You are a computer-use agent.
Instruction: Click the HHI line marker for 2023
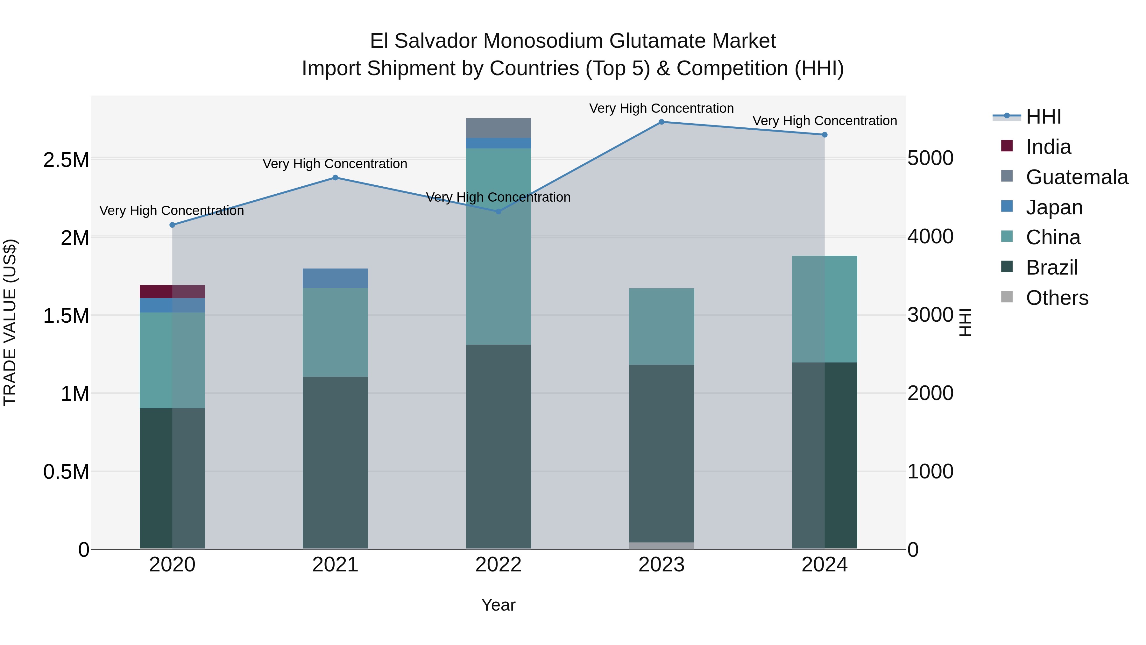click(661, 122)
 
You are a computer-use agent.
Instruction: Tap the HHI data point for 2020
click(172, 225)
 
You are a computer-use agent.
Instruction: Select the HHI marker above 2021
click(336, 178)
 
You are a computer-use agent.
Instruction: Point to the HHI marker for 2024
click(824, 134)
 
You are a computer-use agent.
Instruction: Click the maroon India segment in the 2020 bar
click(172, 291)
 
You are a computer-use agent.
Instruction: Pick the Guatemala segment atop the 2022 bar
click(498, 128)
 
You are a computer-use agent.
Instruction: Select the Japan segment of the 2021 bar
click(336, 278)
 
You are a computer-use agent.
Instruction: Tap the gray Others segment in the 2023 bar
click(661, 545)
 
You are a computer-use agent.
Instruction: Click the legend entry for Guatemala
click(1077, 177)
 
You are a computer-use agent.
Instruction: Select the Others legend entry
click(1057, 298)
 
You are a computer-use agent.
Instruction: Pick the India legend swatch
click(1007, 146)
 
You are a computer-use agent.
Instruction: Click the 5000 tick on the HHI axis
click(930, 159)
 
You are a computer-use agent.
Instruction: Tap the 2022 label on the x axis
click(498, 565)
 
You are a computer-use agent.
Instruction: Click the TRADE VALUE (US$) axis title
click(10, 322)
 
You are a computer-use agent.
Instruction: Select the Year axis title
click(498, 605)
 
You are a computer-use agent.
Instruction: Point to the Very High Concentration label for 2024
click(824, 121)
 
